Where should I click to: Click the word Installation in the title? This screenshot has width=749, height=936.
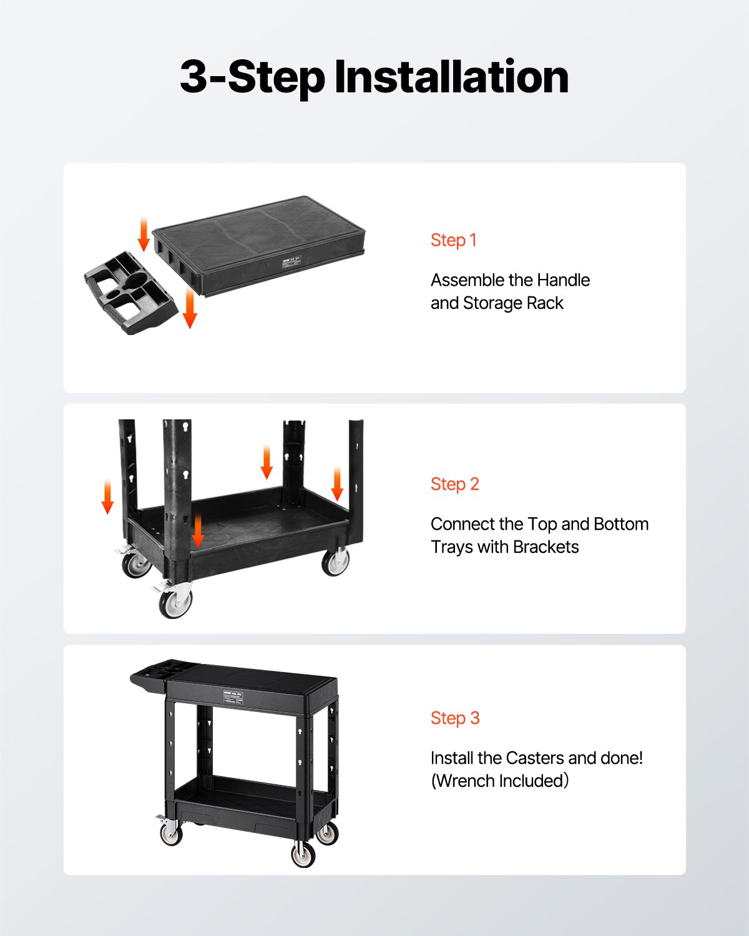coord(451,77)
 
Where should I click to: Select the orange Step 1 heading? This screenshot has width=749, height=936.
coord(454,240)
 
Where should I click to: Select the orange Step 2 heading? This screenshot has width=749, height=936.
coord(455,484)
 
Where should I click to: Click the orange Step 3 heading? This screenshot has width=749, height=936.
coord(455,718)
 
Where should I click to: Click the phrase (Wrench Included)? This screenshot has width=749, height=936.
coord(500,781)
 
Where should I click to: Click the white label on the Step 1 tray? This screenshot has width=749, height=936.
coord(290,260)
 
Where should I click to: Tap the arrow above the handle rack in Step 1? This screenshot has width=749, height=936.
coord(144,234)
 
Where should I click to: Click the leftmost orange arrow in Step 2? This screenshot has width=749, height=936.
coord(108,497)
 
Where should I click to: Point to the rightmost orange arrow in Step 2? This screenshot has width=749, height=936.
coord(337,484)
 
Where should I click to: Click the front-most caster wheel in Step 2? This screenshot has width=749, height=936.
coord(175,603)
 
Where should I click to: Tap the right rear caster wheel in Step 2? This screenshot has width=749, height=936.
coord(336,562)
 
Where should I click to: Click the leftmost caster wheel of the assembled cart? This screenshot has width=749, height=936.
coord(170,833)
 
